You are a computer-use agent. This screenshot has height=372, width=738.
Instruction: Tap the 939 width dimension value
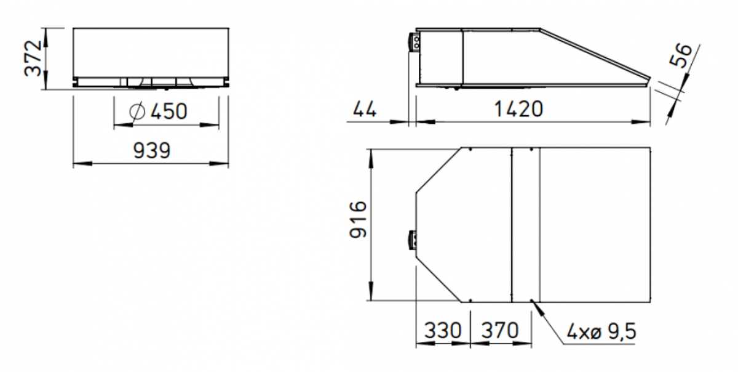[x=151, y=150]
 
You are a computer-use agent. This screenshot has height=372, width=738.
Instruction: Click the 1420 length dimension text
[x=519, y=109]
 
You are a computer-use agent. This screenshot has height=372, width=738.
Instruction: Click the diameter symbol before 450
[x=138, y=111]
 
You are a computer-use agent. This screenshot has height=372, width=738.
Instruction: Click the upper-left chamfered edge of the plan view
[x=438, y=171]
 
